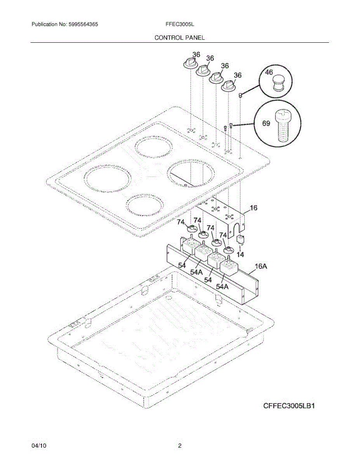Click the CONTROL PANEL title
pyautogui.click(x=179, y=38)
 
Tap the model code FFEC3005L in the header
pyautogui.click(x=180, y=24)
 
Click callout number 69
pyautogui.click(x=266, y=123)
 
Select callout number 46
pyautogui.click(x=269, y=72)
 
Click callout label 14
pyautogui.click(x=240, y=255)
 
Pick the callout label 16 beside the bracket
pyautogui.click(x=253, y=208)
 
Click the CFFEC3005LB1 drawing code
pyautogui.click(x=289, y=407)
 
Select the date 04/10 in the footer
pyautogui.click(x=39, y=446)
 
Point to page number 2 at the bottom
pyautogui.click(x=180, y=446)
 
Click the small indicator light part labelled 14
pyautogui.click(x=240, y=239)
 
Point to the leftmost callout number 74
pyautogui.click(x=181, y=222)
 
